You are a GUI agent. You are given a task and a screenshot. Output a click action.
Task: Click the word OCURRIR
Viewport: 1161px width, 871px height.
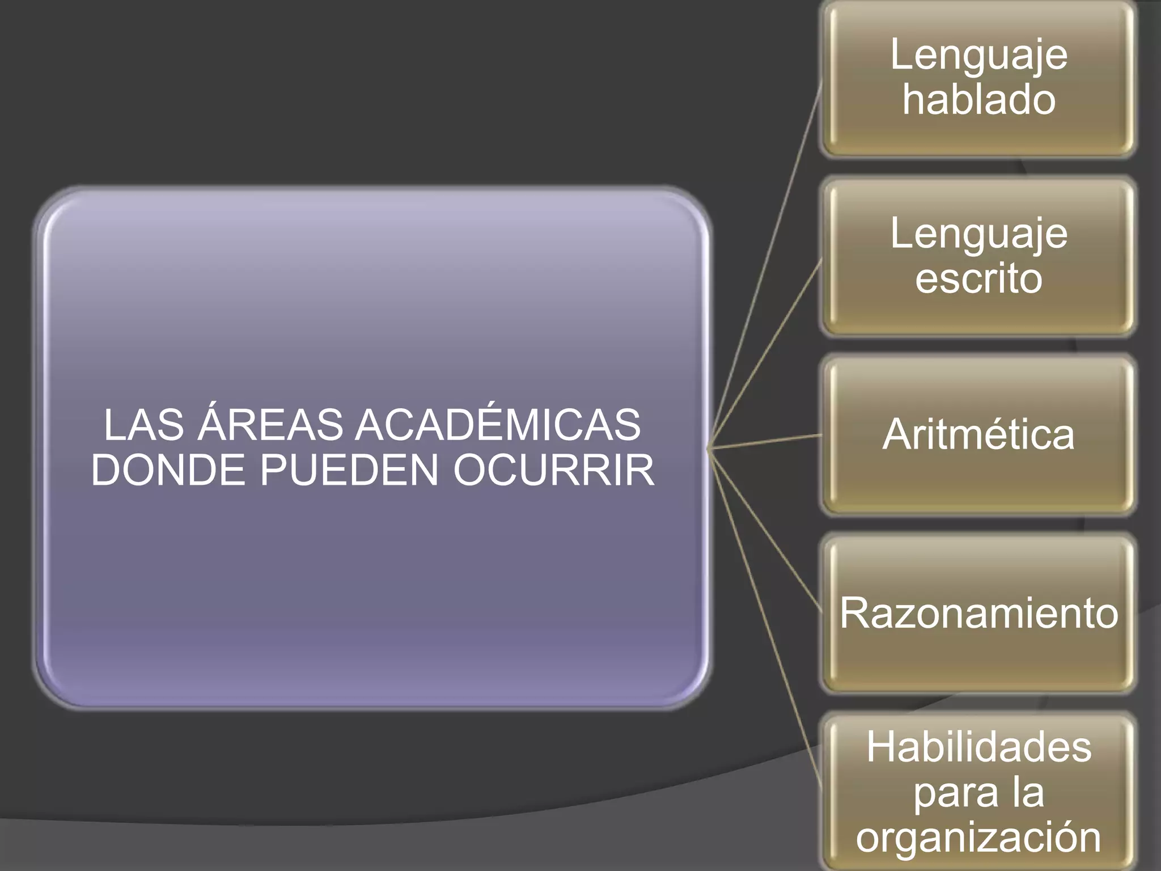(x=553, y=470)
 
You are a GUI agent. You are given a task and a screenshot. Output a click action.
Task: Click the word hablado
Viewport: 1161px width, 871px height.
(x=978, y=100)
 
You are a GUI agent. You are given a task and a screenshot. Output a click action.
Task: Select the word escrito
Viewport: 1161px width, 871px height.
(x=978, y=278)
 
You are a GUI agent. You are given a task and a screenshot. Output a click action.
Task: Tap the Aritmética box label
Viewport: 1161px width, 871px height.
(x=978, y=435)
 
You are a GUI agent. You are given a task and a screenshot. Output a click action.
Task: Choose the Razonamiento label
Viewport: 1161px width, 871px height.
(x=978, y=613)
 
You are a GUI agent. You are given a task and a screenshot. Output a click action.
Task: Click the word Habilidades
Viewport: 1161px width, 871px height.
(x=978, y=747)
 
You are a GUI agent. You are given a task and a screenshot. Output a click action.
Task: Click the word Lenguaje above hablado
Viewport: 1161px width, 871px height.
(x=978, y=56)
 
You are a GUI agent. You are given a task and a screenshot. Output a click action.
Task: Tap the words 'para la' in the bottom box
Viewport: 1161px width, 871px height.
(x=978, y=792)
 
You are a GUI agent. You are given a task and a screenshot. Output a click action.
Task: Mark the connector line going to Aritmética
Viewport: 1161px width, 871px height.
(x=765, y=442)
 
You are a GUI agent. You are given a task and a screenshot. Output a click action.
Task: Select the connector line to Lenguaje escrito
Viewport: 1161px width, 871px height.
(x=765, y=355)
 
